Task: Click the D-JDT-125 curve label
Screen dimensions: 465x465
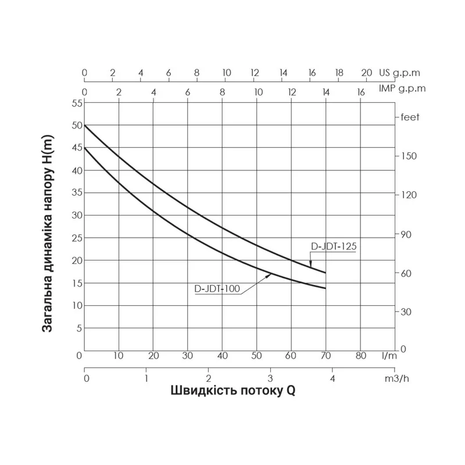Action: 332,246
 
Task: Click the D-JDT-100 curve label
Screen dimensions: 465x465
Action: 217,288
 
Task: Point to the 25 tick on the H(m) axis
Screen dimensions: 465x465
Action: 77,238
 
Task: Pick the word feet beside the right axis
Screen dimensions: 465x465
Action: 410,117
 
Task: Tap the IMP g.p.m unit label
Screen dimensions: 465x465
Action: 402,88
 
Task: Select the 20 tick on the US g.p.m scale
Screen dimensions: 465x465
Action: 366,73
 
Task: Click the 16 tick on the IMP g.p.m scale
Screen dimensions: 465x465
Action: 360,92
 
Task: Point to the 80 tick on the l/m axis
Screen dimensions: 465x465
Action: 360,356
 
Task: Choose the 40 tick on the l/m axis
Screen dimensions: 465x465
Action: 222,356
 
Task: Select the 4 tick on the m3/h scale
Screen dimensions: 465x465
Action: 332,380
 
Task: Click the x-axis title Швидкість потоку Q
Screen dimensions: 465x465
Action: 233,391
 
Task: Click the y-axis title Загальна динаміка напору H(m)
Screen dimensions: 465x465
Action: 48,231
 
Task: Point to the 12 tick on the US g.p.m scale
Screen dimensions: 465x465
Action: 255,73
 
